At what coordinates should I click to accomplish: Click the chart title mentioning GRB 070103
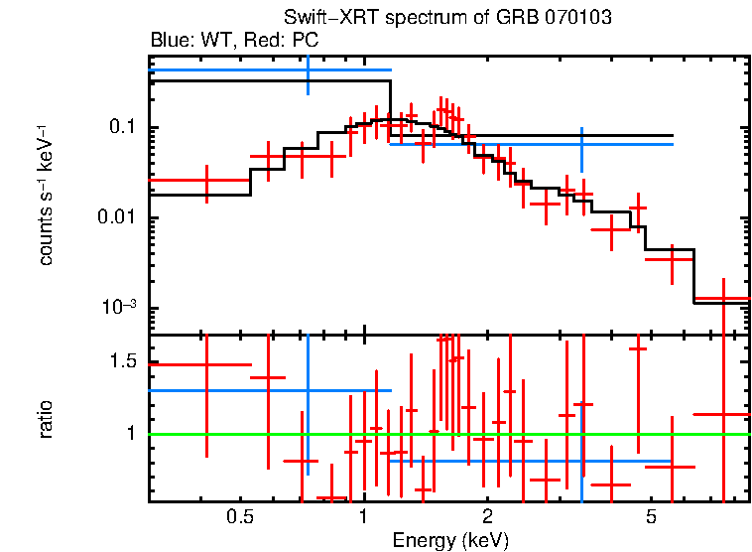tap(448, 19)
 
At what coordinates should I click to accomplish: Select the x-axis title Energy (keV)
tap(450, 540)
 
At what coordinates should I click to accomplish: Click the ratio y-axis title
tap(47, 419)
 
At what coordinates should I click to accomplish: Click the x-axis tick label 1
tap(363, 518)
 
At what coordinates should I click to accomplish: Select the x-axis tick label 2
tap(487, 518)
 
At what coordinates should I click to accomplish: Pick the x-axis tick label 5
tap(652, 518)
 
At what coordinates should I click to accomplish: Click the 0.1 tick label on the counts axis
tap(122, 128)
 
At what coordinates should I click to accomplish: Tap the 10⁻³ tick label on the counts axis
tap(118, 308)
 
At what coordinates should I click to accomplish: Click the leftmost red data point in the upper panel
tap(206, 181)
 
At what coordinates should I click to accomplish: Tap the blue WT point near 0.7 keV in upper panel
tap(308, 70)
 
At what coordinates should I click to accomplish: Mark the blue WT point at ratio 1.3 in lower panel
tap(308, 390)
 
